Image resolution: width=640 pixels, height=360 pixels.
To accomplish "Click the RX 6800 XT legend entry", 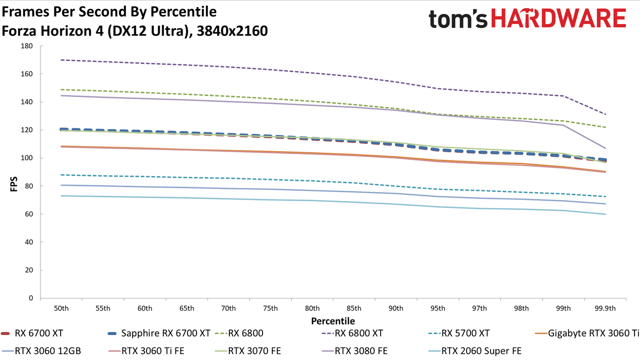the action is coord(352,333).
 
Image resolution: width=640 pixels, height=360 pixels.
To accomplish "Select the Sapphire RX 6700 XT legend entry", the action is coord(159,333).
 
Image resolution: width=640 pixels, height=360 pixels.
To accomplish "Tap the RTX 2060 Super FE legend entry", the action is coord(475,350).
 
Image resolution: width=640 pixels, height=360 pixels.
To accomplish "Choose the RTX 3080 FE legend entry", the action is coord(354,350).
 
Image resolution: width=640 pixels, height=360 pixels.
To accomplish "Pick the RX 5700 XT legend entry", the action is coord(459,333).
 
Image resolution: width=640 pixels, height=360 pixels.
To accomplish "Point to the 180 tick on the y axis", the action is coord(26,46).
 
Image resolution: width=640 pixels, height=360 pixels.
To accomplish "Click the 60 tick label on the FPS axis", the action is coord(28,214).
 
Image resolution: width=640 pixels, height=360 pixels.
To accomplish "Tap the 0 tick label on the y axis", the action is coord(31,298).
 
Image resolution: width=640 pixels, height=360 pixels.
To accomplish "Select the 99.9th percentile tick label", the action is coord(605,308).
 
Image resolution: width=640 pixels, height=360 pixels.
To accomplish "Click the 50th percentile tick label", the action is coord(61,308).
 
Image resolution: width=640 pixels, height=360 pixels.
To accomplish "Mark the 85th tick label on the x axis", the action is coord(354,308).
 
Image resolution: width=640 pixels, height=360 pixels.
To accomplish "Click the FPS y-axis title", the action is coord(13,184).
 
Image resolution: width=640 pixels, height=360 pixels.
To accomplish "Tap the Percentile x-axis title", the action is coord(333,321).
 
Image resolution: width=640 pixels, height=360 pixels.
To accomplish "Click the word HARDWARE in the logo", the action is coord(558,18).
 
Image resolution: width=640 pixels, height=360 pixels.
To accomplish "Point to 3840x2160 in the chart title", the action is coord(232,31).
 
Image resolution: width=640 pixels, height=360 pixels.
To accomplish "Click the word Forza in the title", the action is coord(19,31).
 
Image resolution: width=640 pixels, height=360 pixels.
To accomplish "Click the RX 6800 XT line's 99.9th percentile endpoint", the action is coord(605,114).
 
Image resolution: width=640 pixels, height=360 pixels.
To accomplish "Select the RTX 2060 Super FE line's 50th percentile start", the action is coord(61,195).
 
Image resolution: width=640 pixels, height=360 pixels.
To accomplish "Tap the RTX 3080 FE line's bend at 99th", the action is coord(563,125).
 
